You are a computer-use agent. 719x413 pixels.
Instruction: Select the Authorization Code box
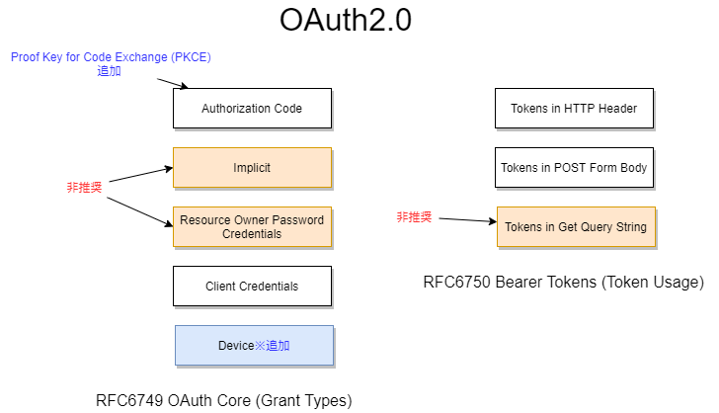tap(252, 109)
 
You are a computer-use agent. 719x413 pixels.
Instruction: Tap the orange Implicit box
tap(252, 168)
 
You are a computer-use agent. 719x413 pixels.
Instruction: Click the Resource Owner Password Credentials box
tap(252, 227)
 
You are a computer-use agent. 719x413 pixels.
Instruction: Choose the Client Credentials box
tap(252, 287)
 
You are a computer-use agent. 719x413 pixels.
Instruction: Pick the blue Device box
tap(254, 346)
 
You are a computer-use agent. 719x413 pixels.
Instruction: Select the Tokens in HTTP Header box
tap(574, 109)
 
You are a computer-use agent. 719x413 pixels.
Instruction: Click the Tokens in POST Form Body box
tap(574, 168)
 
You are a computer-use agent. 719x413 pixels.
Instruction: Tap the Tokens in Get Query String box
tap(576, 227)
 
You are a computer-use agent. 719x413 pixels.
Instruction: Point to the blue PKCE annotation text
tap(111, 57)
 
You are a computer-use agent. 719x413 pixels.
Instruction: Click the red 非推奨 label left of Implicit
tap(84, 187)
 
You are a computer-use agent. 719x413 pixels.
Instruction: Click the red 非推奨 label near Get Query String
tap(414, 217)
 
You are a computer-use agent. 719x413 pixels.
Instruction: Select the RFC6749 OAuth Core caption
tap(223, 400)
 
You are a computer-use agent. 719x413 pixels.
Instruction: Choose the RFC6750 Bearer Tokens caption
tap(563, 283)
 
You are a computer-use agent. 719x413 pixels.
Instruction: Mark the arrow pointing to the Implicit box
tap(138, 175)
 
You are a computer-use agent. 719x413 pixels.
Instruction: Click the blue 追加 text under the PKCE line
tap(110, 71)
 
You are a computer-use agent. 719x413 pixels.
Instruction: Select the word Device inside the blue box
tap(236, 346)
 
